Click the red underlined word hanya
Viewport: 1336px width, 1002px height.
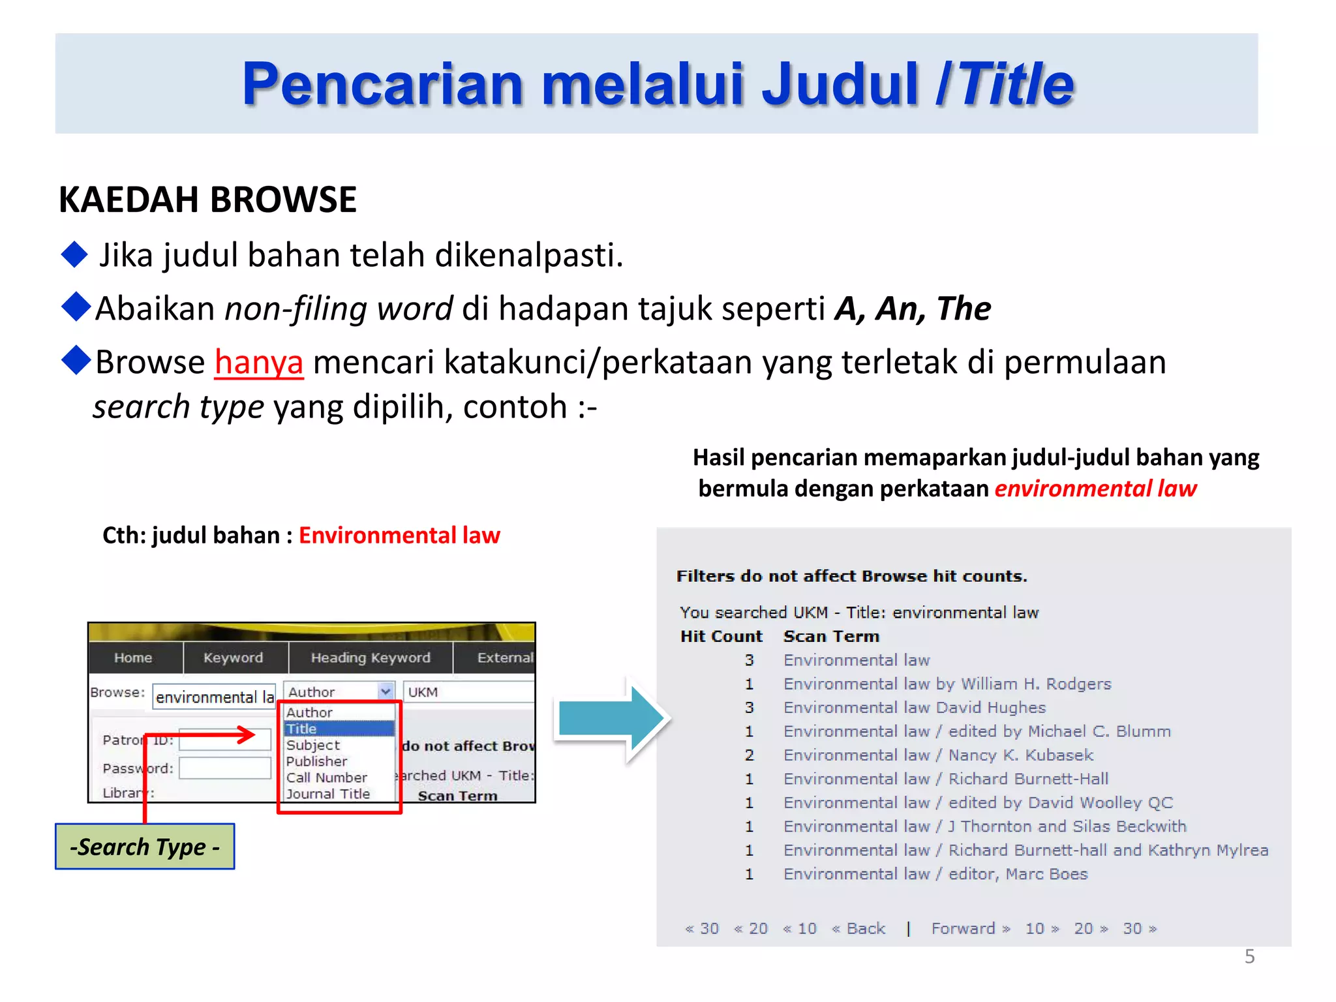[x=258, y=362]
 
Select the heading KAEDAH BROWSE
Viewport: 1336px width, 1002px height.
[x=207, y=200]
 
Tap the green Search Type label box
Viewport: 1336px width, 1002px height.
[x=145, y=847]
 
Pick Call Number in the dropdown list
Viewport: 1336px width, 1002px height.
[x=327, y=778]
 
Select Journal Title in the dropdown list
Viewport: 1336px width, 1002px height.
[x=328, y=794]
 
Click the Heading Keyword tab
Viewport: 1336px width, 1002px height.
[x=371, y=658]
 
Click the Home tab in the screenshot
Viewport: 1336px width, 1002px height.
[x=133, y=658]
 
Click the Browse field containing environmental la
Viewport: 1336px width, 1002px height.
[x=215, y=697]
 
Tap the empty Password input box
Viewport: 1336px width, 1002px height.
[x=225, y=768]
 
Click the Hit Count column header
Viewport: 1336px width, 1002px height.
[x=721, y=636]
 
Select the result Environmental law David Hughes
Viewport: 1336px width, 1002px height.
[x=914, y=708]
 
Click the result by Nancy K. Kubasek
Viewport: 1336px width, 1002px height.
[x=938, y=755]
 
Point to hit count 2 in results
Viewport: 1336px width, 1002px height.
[x=750, y=755]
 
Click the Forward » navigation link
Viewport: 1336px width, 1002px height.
[x=970, y=928]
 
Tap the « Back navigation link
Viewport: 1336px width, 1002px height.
[x=859, y=928]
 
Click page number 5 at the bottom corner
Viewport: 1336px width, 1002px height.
[x=1249, y=956]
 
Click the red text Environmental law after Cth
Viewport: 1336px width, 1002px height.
[x=399, y=536]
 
